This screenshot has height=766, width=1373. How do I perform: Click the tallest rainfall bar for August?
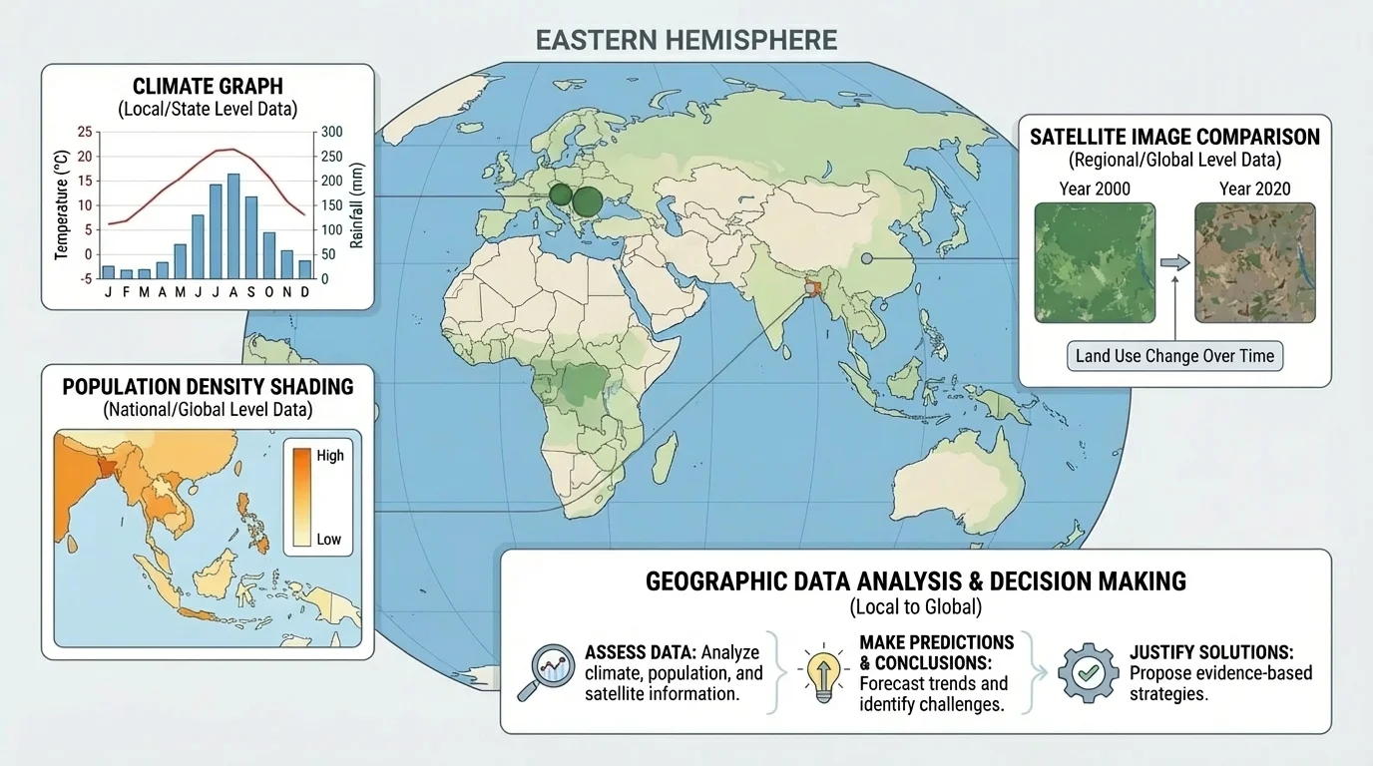233,226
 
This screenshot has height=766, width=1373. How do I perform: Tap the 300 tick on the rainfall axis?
330,133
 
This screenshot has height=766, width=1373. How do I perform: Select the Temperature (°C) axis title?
62,203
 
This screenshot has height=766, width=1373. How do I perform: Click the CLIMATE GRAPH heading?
208,88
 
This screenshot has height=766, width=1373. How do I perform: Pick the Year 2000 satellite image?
1095,261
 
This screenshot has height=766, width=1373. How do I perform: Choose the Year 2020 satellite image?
1255,261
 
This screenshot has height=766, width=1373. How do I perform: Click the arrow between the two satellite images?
1175,262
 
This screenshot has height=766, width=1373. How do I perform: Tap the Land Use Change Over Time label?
1174,356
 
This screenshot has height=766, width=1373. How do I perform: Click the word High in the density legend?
329,456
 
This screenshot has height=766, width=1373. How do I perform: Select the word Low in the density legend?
328,540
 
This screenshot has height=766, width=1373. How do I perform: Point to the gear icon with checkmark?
1088,670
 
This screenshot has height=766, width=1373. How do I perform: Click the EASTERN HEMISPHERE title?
686,41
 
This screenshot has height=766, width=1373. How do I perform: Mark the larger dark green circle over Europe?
589,202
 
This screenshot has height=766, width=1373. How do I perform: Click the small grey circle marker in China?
866,259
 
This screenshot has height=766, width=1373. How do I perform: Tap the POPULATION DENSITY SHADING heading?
208,386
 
